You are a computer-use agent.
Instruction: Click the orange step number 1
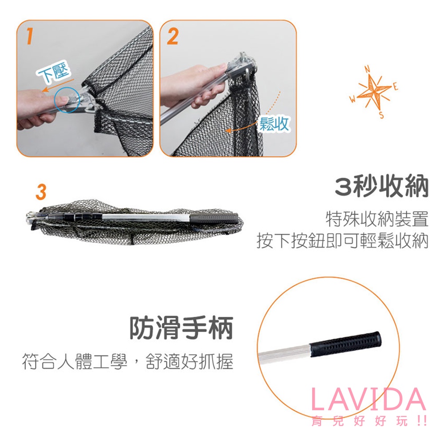(29, 36)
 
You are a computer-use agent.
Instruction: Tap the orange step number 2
(173, 36)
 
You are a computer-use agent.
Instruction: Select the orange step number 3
(41, 192)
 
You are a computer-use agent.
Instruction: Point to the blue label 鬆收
(274, 124)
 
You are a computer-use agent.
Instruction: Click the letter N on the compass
(367, 69)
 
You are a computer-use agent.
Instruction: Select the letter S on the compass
(382, 115)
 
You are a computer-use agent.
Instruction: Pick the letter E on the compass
(396, 87)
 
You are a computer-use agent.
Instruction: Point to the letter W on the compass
(353, 99)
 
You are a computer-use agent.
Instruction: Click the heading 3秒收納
(381, 187)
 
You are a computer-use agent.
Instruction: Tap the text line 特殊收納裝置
(377, 219)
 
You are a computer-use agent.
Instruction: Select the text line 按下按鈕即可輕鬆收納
(342, 241)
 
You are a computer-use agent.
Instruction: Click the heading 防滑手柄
(181, 328)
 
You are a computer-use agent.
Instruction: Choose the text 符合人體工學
(75, 361)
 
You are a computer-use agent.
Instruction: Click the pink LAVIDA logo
(368, 400)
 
